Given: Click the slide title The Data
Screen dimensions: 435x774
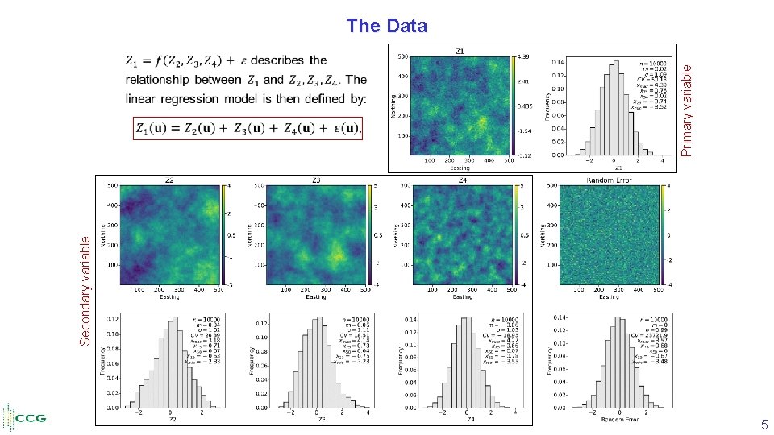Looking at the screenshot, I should (386, 26).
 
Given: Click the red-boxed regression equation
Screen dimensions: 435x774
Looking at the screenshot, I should (248, 128).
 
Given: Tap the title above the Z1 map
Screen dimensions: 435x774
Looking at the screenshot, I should (460, 50).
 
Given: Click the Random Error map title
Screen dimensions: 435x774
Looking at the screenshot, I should (609, 180).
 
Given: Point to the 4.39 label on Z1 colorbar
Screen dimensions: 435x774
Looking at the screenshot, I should (525, 56).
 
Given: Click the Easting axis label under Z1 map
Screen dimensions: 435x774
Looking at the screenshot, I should (460, 168).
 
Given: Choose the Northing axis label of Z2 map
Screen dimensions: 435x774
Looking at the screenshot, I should (102, 234).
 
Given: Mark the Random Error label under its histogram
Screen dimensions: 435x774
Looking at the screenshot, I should (609, 419).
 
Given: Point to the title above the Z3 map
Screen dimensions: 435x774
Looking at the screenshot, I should (316, 180).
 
